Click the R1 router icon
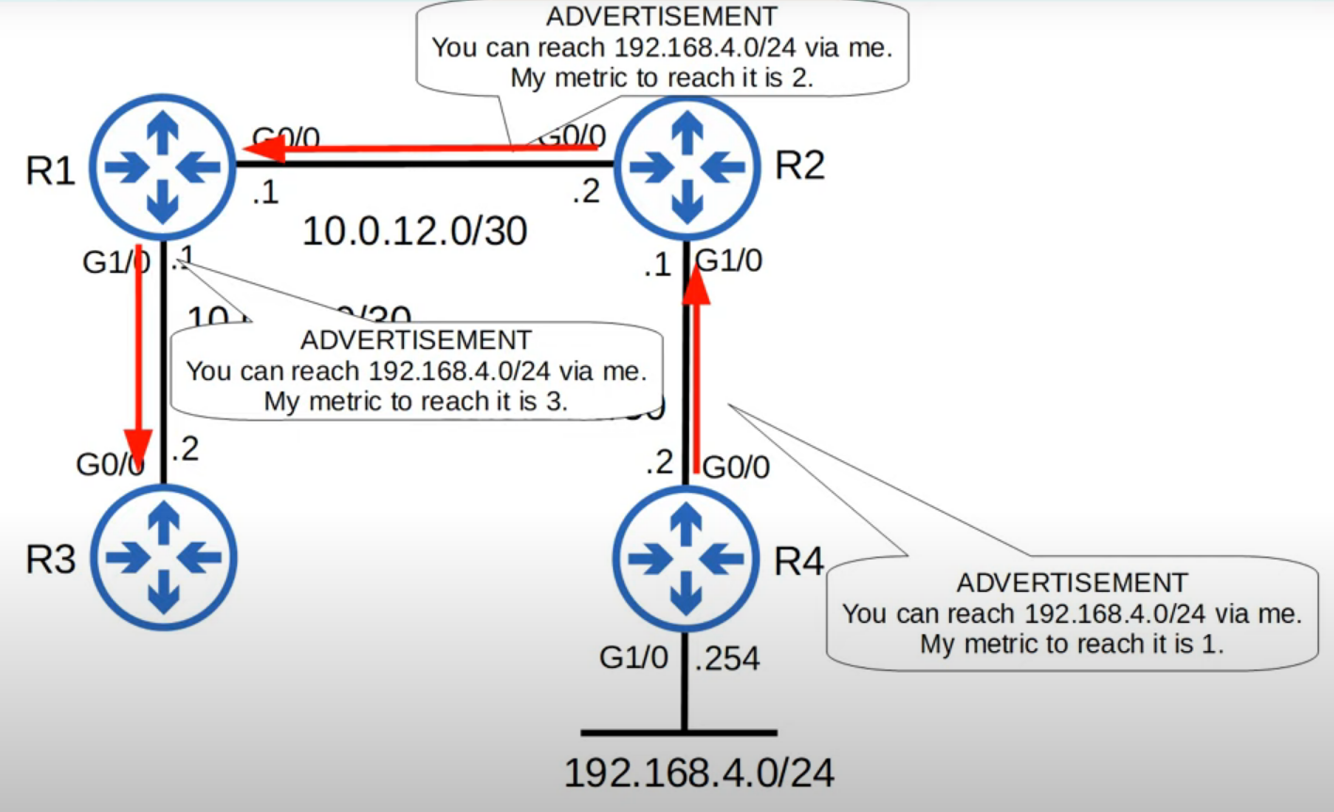point(164,167)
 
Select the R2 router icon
point(686,167)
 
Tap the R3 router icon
point(164,558)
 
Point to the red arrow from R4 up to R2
point(696,367)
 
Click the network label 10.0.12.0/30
point(414,231)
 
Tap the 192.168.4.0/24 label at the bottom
point(699,772)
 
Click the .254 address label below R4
point(728,659)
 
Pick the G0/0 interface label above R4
point(736,466)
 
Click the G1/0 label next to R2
point(729,261)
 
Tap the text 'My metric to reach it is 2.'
point(662,77)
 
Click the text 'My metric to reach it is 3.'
point(416,401)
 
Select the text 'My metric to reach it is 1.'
point(1071,644)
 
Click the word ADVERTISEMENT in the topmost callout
point(662,16)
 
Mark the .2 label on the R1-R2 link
point(586,192)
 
